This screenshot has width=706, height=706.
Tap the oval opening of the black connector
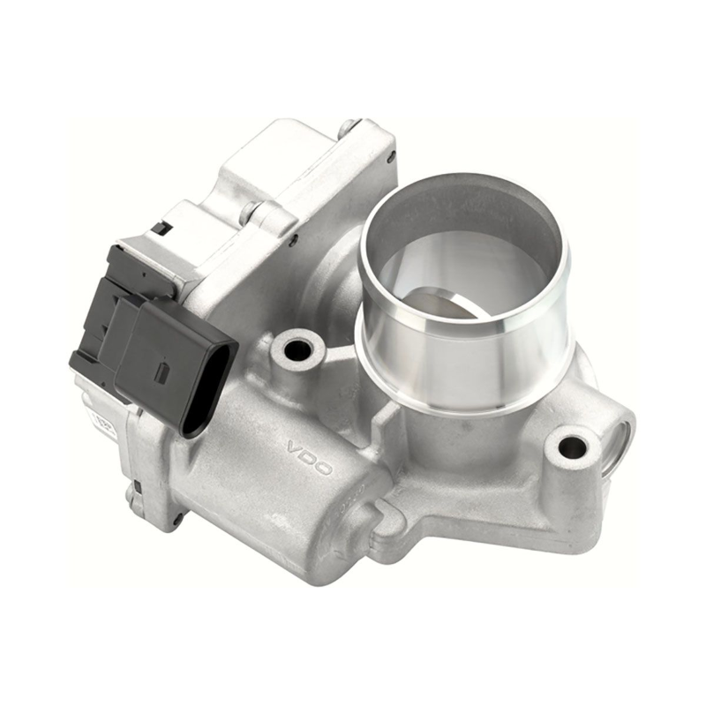click(x=218, y=388)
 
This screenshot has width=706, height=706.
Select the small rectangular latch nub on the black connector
click(x=161, y=372)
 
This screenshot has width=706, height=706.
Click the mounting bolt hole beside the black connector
click(x=298, y=349)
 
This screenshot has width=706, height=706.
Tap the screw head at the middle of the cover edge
click(x=253, y=212)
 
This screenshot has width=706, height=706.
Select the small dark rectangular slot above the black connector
click(x=161, y=228)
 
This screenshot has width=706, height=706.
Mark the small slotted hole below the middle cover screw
click(x=292, y=239)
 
